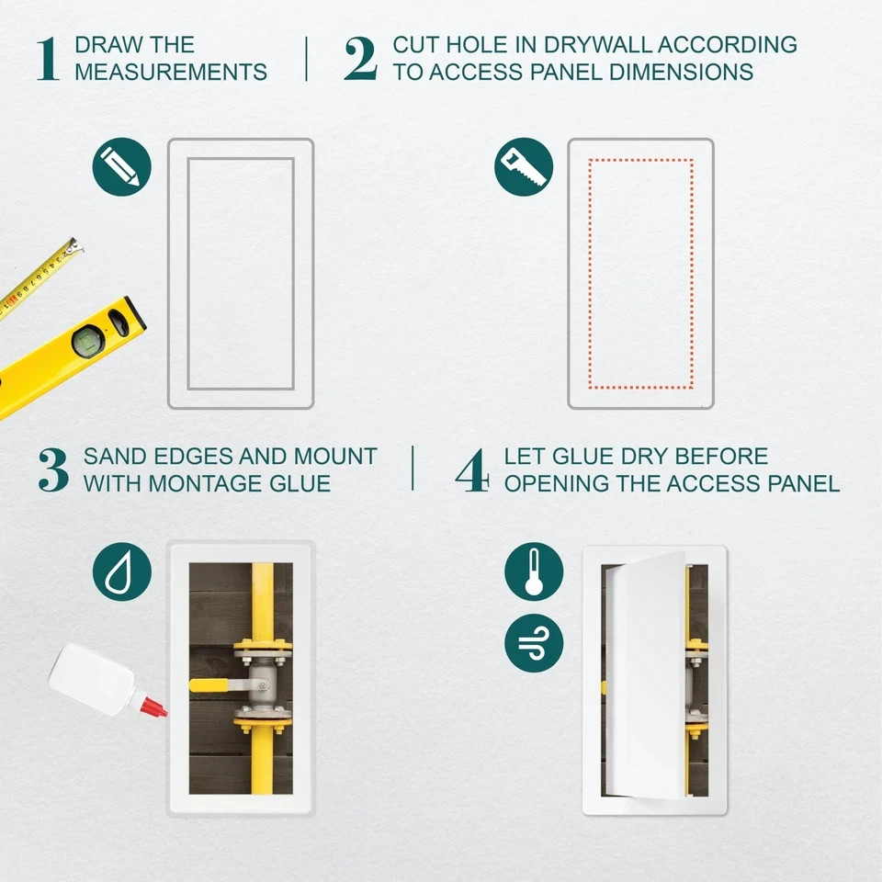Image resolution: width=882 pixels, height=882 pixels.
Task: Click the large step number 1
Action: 48,59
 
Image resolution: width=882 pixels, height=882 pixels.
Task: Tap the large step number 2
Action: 360,59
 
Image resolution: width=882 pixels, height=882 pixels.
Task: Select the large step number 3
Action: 53,469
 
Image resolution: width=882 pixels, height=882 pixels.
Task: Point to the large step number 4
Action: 472,469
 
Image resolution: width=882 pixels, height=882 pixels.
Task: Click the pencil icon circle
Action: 121,166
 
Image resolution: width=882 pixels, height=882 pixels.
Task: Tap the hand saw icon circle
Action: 524,166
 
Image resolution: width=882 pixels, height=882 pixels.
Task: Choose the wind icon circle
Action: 534,642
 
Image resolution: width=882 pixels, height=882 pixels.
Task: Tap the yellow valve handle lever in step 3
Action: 212,684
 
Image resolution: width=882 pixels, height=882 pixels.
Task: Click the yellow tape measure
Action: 37,276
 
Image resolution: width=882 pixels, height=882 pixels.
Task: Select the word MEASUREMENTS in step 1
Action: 171,72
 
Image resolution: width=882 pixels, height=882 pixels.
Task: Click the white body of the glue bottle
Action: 92,680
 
